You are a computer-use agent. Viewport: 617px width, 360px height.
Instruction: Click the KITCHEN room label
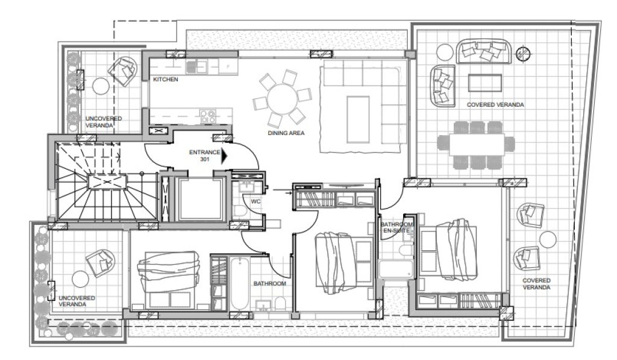[x=165, y=79]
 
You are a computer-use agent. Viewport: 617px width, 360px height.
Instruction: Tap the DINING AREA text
[x=286, y=133]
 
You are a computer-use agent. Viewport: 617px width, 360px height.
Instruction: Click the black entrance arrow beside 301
[x=225, y=156]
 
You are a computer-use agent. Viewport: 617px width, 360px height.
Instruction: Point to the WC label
[x=255, y=201]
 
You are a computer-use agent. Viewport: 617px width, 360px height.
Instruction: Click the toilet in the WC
[x=240, y=210]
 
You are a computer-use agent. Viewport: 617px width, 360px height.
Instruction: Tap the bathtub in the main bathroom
[x=240, y=283]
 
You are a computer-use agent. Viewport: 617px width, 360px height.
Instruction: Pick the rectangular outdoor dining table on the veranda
[x=476, y=145]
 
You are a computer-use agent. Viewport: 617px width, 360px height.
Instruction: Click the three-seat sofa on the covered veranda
[x=484, y=51]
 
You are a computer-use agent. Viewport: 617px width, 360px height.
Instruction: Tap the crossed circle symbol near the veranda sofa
[x=523, y=53]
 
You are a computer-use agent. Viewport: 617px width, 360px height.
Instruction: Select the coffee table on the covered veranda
[x=485, y=83]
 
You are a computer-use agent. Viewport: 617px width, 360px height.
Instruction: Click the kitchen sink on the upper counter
[x=196, y=66]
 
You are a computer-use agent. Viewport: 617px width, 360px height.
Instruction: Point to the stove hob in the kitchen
[x=208, y=116]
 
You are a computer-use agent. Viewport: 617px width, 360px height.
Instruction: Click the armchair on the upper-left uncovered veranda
[x=123, y=71]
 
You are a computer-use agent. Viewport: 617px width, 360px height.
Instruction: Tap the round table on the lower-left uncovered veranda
[x=80, y=279]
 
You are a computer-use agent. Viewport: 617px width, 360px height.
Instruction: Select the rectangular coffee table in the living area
[x=358, y=119]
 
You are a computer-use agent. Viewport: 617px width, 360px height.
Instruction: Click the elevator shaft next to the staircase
[x=201, y=200]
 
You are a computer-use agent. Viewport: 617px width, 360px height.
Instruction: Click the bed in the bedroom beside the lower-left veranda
[x=169, y=280]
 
